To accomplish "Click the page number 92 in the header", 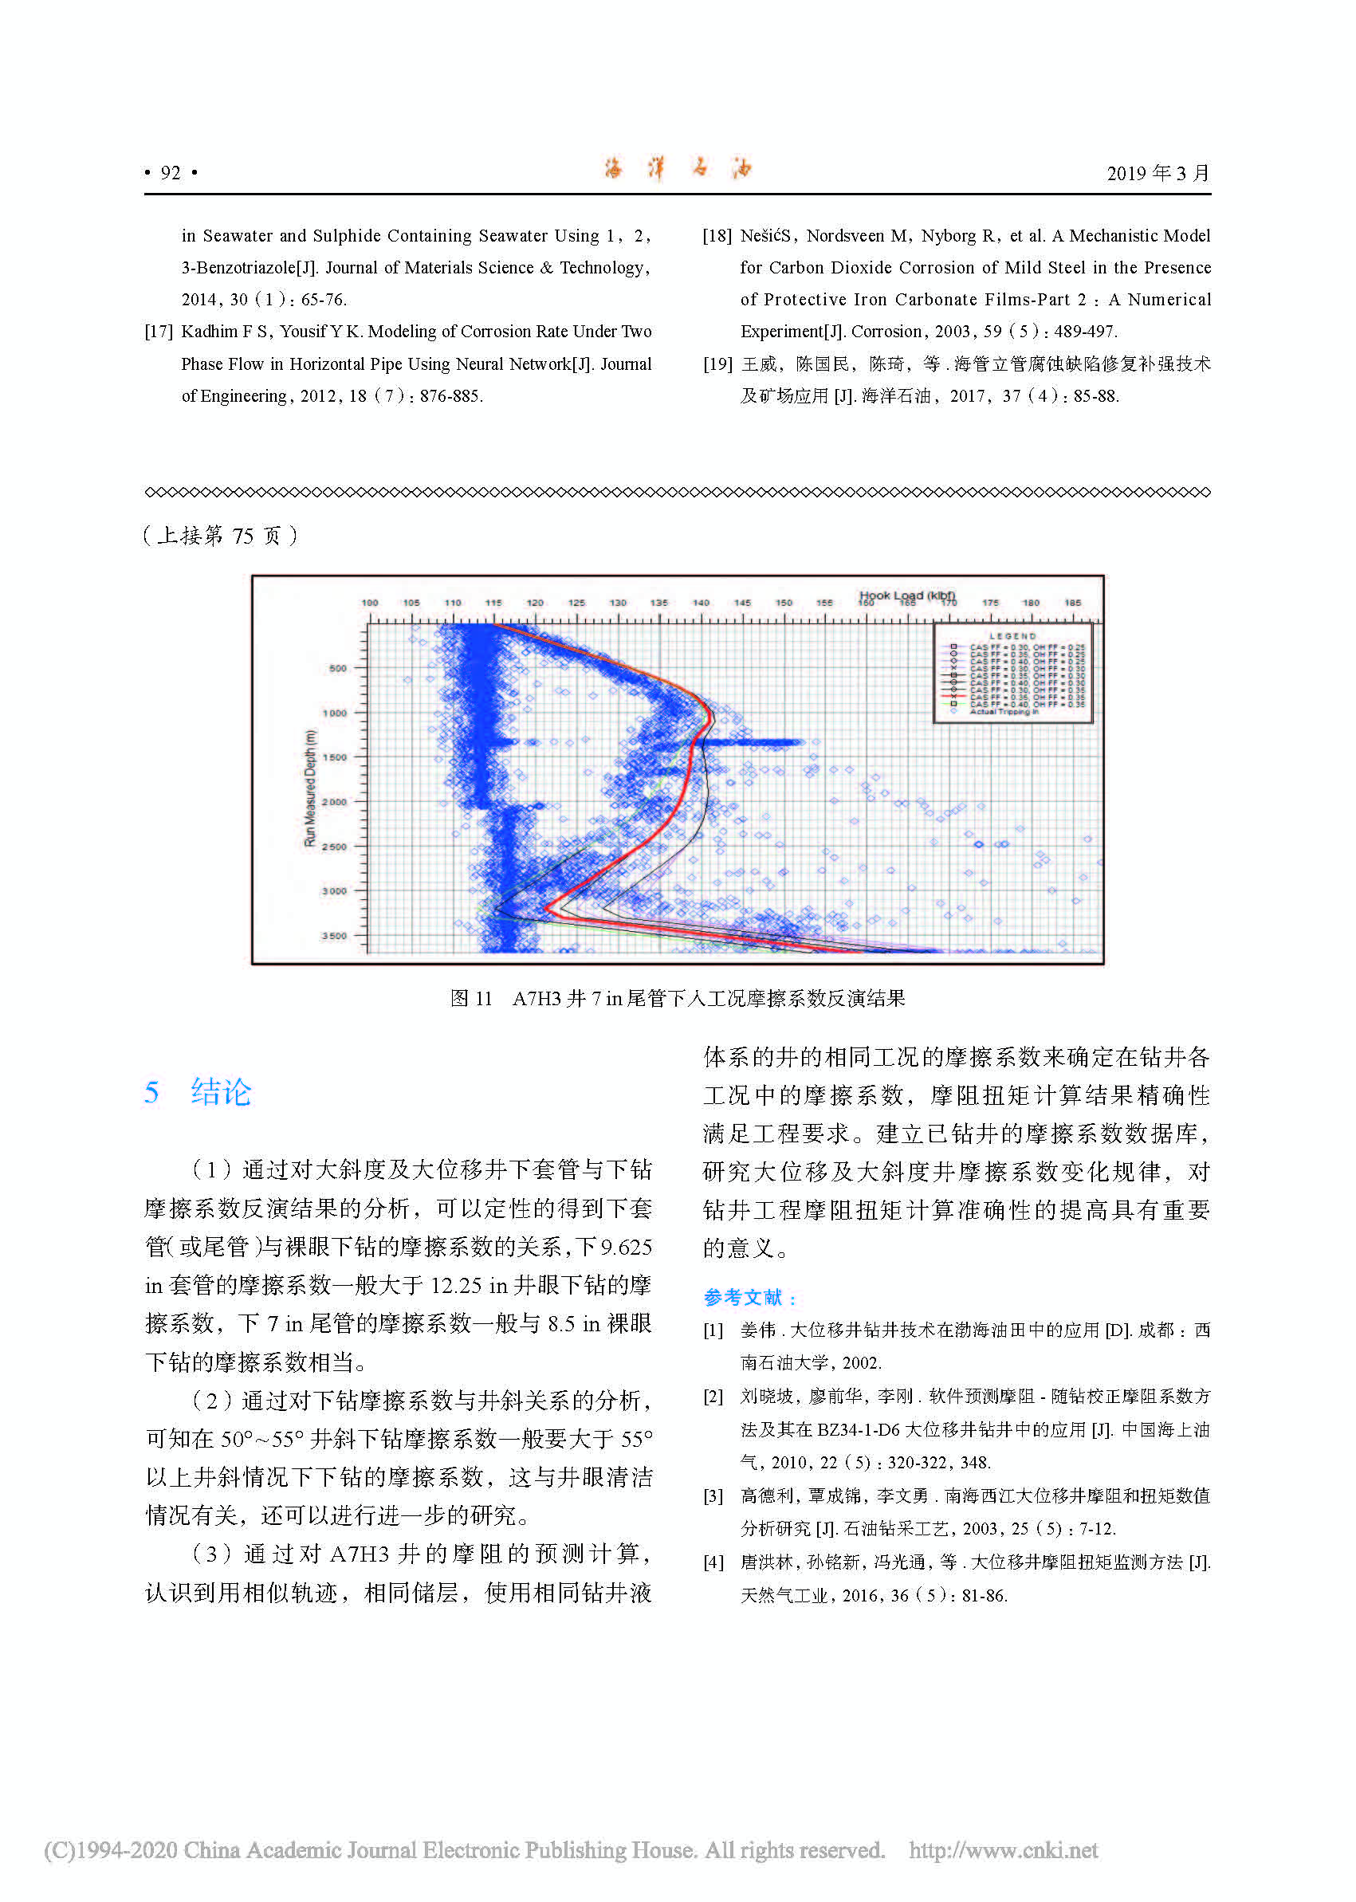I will click(x=171, y=173).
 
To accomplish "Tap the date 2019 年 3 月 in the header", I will click(x=1158, y=173).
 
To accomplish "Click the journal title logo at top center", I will click(x=677, y=170).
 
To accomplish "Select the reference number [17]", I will click(x=159, y=332).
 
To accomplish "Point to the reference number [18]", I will click(x=717, y=236).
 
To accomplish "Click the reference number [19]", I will click(x=717, y=364).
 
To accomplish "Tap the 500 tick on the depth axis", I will click(x=336, y=668).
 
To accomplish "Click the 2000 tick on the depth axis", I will click(x=334, y=802).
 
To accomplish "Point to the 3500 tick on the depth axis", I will click(x=334, y=936).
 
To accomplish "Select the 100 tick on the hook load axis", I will click(x=369, y=603).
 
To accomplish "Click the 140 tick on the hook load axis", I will click(x=701, y=603).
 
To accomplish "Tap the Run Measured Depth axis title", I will click(x=311, y=788).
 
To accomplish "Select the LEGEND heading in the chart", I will click(x=1012, y=636).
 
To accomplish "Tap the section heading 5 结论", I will click(x=198, y=1092).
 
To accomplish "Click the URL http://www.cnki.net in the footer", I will click(x=1003, y=1849).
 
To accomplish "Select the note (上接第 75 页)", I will click(x=221, y=535).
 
